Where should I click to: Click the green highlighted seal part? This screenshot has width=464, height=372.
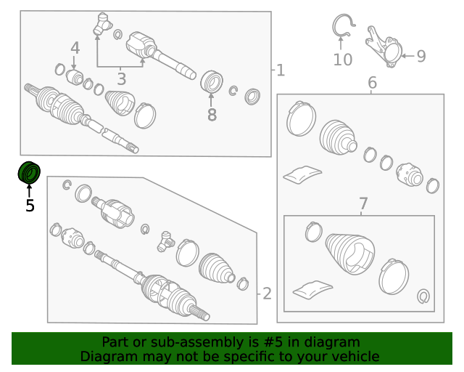pyautogui.click(x=29, y=173)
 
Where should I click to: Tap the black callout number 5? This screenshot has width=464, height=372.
pyautogui.click(x=30, y=206)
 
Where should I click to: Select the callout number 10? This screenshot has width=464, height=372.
pyautogui.click(x=343, y=60)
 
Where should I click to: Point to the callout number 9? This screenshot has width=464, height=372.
pyautogui.click(x=421, y=56)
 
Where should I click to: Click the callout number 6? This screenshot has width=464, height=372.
pyautogui.click(x=372, y=83)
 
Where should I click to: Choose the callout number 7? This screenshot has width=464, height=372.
pyautogui.click(x=363, y=203)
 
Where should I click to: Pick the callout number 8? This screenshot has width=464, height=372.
pyautogui.click(x=212, y=115)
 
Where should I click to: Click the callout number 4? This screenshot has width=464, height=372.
pyautogui.click(x=75, y=48)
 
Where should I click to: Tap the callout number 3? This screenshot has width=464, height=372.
pyautogui.click(x=122, y=79)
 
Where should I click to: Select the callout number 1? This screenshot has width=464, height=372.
pyautogui.click(x=281, y=70)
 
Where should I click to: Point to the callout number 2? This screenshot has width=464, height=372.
pyautogui.click(x=267, y=294)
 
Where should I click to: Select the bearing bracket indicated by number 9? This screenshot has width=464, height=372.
pyautogui.click(x=384, y=47)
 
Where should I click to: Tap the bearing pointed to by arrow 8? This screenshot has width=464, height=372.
pyautogui.click(x=211, y=81)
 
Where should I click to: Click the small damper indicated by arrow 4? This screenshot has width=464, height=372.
pyautogui.click(x=74, y=77)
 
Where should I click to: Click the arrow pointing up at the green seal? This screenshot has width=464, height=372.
pyautogui.click(x=29, y=191)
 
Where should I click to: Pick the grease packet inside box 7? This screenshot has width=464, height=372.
pyautogui.click(x=312, y=289)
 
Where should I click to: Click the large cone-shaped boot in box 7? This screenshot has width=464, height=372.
pyautogui.click(x=349, y=253)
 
